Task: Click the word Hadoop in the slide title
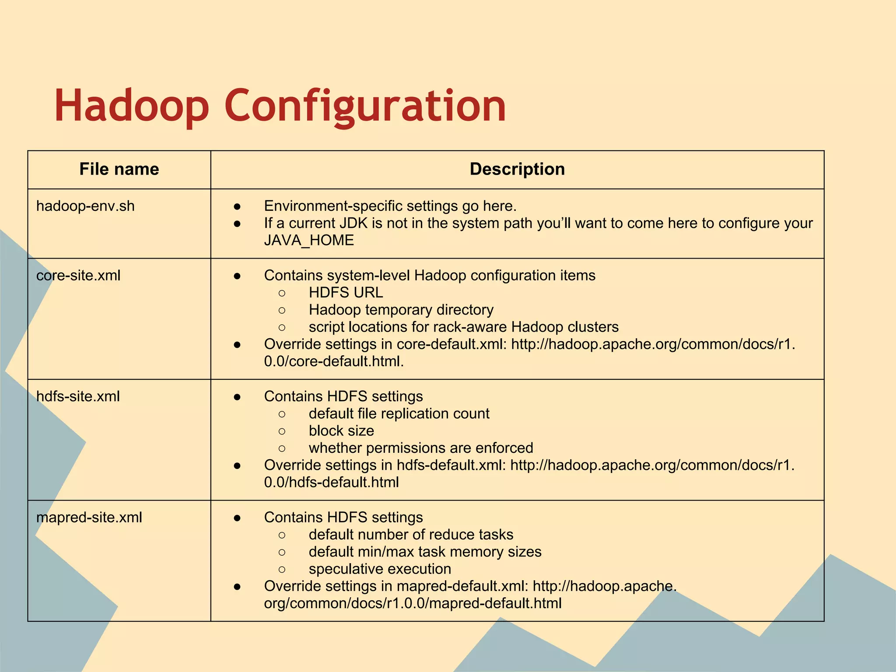[x=131, y=106]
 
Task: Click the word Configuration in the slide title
[x=365, y=106]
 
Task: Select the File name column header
[x=119, y=169]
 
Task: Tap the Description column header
[x=517, y=169]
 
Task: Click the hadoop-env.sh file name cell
[x=85, y=206]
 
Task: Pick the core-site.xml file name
[x=78, y=275]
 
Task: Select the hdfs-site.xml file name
[x=78, y=396]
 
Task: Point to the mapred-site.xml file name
[x=89, y=517]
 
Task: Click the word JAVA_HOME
[x=309, y=240]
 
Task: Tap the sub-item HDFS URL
[x=346, y=292]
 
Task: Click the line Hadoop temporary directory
[x=401, y=310]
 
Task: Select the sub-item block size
[x=341, y=430]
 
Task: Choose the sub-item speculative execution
[x=380, y=569]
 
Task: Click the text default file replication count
[x=399, y=413]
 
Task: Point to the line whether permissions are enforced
[x=421, y=448]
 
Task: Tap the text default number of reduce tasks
[x=411, y=535]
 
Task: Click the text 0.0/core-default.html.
[x=334, y=361]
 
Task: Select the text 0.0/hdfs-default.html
[x=331, y=482]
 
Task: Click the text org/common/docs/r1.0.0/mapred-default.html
[x=413, y=603]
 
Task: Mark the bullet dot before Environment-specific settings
[x=237, y=206]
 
